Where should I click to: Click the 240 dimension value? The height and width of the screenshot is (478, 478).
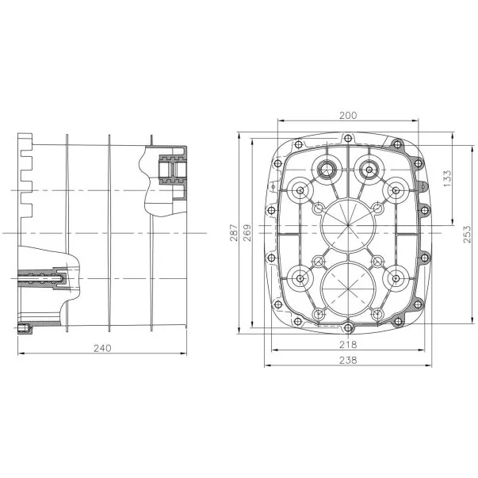(102, 348)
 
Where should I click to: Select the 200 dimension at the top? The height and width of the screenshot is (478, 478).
(348, 116)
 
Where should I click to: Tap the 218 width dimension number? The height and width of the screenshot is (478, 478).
(348, 345)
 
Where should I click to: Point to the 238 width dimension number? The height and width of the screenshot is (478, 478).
(348, 361)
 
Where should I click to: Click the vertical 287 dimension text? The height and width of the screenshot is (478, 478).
(234, 233)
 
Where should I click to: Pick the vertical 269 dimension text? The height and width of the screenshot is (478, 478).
(247, 233)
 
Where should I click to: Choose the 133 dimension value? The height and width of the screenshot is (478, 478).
(447, 178)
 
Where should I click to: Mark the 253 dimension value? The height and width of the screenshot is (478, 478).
(467, 234)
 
